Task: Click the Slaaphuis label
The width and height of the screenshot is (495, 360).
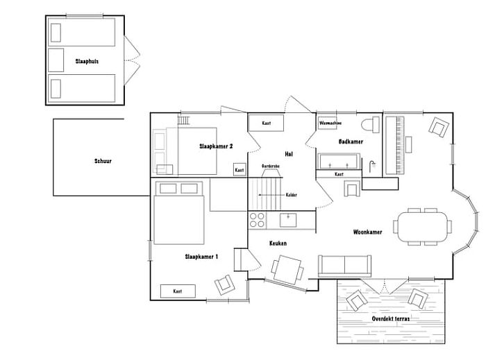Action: point(87,61)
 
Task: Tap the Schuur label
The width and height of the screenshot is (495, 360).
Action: point(103,161)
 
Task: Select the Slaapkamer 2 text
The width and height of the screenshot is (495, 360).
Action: point(216,146)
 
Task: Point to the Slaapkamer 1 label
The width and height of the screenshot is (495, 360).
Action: point(201,257)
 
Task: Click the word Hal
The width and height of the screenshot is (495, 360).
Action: point(289,153)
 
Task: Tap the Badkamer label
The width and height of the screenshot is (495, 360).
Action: point(351,142)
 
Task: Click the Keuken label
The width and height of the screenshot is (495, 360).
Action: point(278,243)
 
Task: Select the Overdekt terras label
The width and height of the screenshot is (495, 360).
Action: point(390,318)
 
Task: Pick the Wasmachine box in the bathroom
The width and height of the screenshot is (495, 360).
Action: point(328,123)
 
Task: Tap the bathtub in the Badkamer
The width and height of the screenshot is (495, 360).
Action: point(338,161)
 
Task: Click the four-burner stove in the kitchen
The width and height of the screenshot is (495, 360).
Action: point(257,220)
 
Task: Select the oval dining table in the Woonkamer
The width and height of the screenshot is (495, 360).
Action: point(421,226)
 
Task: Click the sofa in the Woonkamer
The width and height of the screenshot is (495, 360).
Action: point(344,266)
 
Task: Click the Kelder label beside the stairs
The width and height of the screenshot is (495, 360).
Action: point(292,195)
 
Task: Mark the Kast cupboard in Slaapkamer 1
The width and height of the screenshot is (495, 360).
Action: point(178,291)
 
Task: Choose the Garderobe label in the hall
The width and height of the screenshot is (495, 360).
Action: point(271,166)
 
